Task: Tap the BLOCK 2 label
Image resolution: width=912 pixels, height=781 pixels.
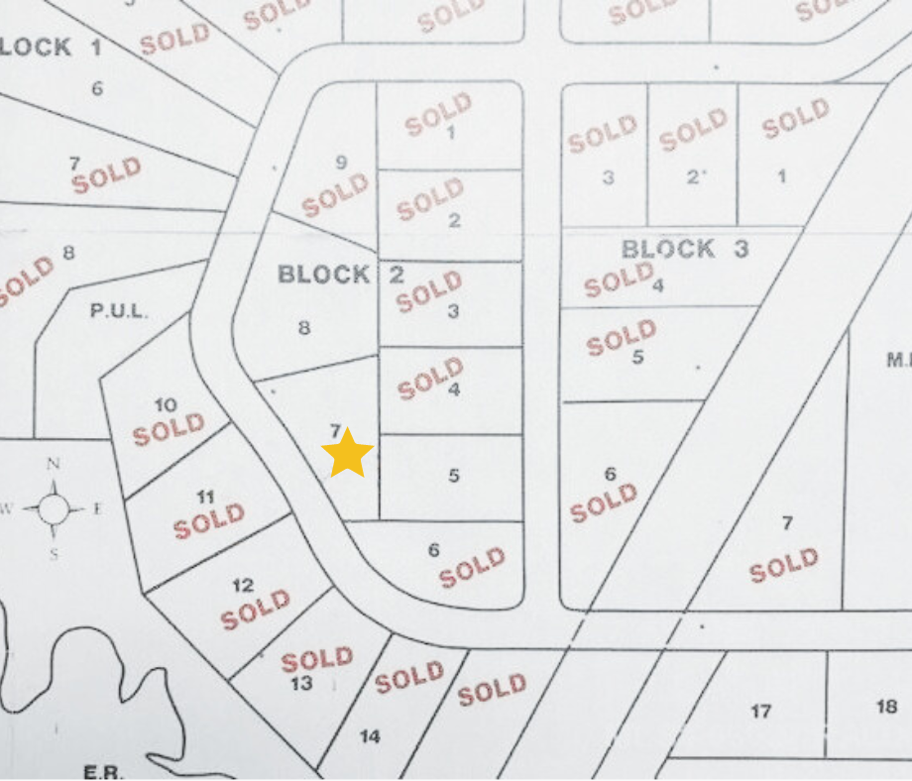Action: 341,275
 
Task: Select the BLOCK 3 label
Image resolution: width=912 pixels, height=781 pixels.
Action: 685,249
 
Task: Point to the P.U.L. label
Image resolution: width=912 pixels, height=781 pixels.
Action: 119,311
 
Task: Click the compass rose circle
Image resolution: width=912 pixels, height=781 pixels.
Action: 54,509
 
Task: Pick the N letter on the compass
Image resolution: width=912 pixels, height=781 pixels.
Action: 54,464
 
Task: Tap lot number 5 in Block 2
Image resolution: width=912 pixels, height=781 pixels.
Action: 453,476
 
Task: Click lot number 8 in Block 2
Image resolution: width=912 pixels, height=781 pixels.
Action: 304,328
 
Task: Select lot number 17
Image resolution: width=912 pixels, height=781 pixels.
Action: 761,711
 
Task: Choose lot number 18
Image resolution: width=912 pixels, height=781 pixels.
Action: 887,707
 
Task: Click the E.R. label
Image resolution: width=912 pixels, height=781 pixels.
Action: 103,771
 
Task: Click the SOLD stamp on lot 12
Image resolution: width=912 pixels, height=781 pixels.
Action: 256,610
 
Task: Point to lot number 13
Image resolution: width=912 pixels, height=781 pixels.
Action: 301,683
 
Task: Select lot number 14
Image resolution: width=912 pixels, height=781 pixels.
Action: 370,736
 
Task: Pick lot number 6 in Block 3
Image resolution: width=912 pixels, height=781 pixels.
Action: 610,475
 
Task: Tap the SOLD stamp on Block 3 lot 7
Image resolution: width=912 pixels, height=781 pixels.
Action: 784,565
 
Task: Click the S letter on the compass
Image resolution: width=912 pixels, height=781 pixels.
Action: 54,554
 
